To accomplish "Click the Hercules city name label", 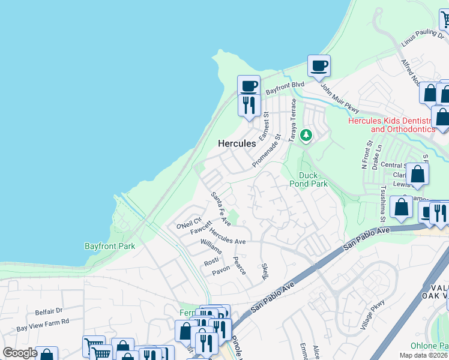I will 237,143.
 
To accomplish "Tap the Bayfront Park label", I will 109,246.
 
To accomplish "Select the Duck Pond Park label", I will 309,179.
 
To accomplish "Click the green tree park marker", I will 307,135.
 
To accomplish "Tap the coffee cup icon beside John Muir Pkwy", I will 319,65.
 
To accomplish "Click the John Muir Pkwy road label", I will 339,98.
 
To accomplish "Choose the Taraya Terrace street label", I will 294,120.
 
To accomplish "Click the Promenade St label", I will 267,151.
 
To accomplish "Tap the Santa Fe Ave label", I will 220,209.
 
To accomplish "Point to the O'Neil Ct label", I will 188,223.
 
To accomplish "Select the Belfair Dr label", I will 49,311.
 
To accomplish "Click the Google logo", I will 20,353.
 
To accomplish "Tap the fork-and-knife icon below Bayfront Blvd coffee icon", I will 248,105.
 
